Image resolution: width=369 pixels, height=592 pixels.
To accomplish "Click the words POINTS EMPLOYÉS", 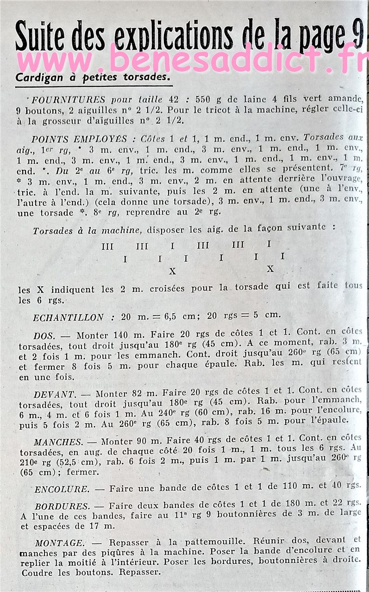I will [x=79, y=139].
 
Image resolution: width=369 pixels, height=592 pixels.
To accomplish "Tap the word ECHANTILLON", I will [x=68, y=317].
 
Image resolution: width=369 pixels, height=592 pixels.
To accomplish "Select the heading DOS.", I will [x=44, y=336].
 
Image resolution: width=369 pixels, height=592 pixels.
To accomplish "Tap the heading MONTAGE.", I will [x=59, y=543].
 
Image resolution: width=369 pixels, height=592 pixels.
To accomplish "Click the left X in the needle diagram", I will [x=173, y=271].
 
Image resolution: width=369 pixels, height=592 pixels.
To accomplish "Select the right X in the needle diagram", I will [x=270, y=269].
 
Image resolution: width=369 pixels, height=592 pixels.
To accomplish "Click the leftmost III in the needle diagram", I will [x=107, y=246].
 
